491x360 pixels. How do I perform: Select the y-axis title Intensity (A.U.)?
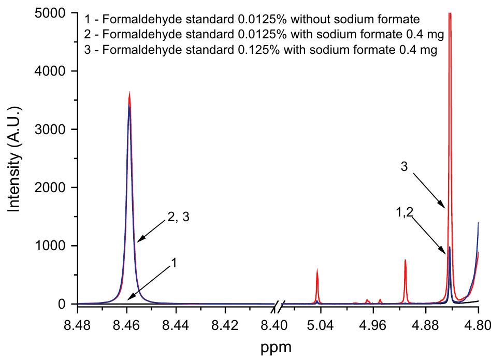click(16, 159)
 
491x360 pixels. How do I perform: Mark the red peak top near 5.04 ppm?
click(317, 269)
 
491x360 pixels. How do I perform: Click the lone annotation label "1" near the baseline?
click(175, 263)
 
